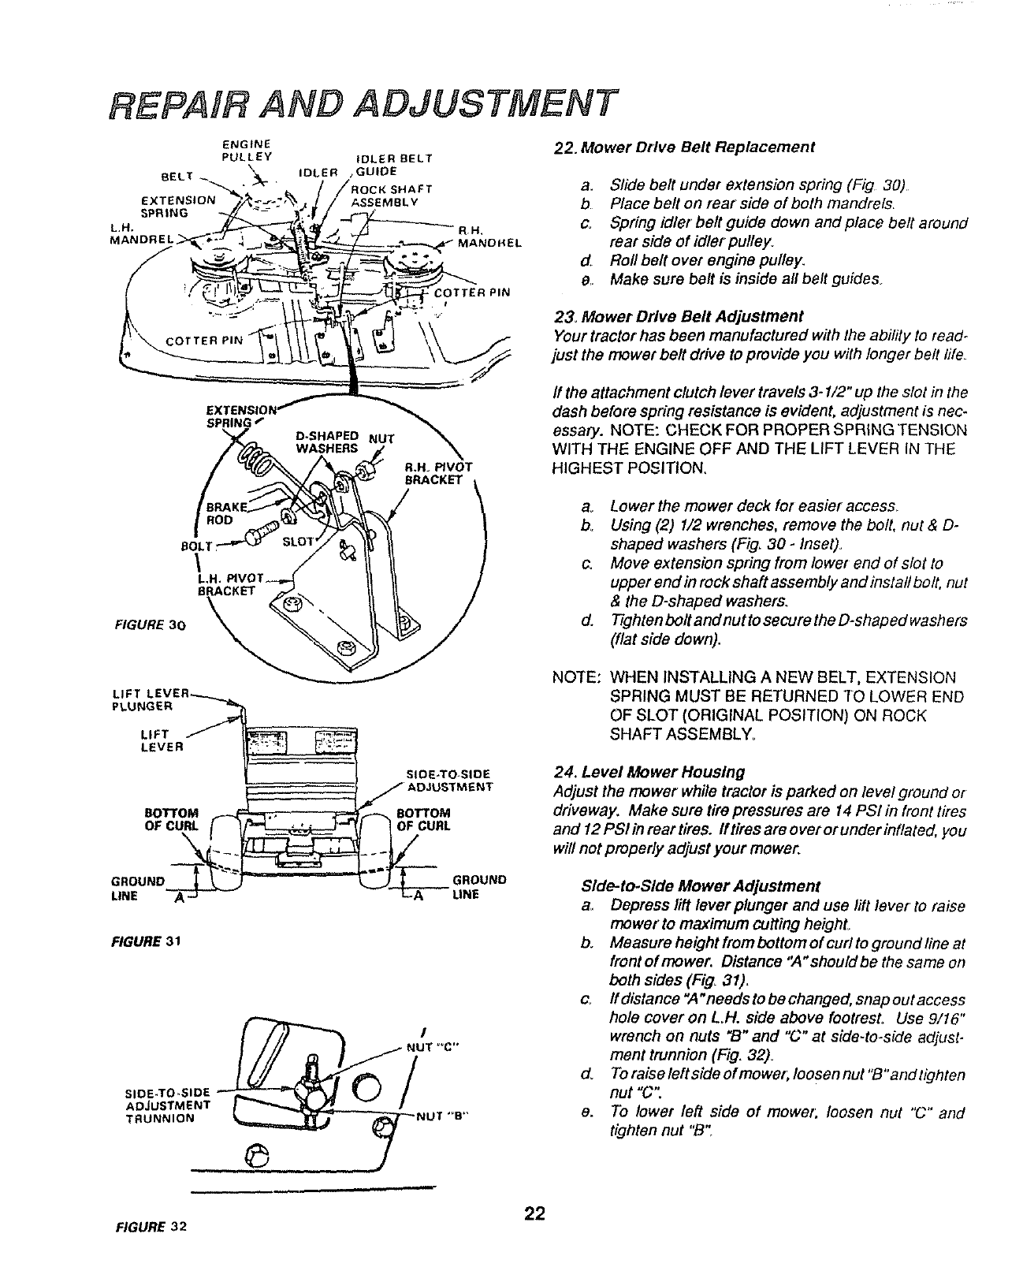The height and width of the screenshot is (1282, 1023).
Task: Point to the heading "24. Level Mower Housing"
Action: tap(649, 770)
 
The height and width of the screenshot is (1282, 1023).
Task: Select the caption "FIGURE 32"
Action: tap(151, 1228)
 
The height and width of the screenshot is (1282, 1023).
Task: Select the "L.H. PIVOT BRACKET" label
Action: tap(232, 581)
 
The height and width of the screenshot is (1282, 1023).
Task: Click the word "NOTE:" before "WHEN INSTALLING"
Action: tap(577, 678)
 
